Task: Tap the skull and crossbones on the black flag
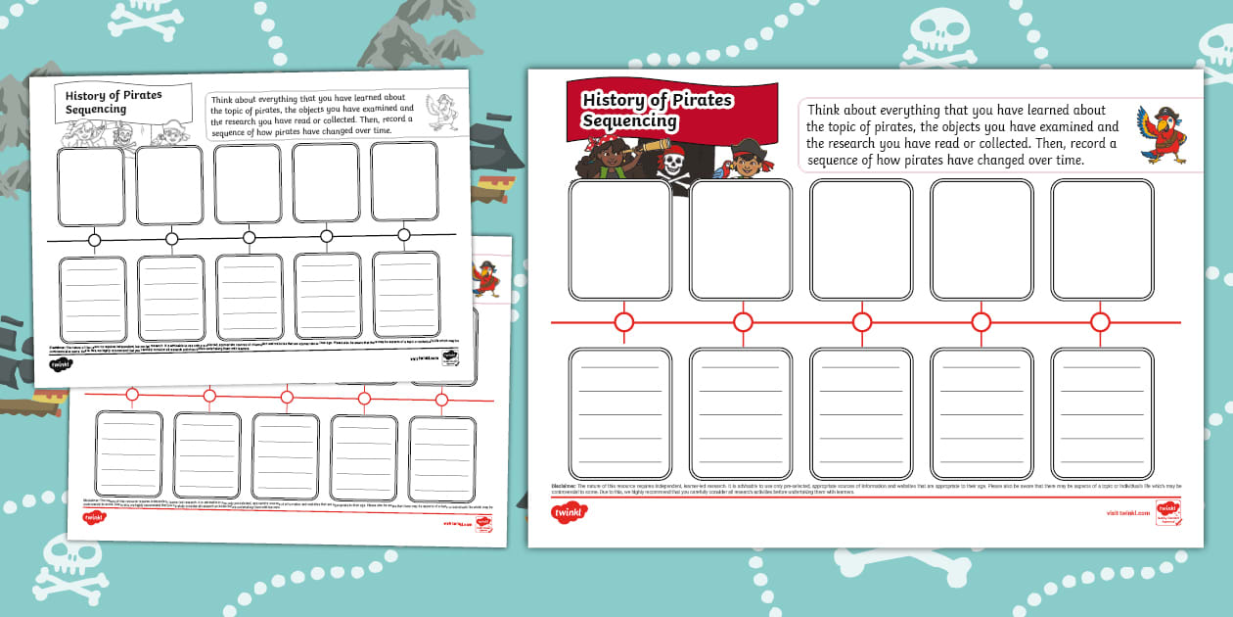[x=672, y=163]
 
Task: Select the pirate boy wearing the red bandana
[x=746, y=160]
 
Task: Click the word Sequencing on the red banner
[x=629, y=120]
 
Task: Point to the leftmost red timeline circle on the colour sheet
[x=623, y=322]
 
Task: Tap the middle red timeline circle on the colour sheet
[x=862, y=322]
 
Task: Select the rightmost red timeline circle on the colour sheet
[x=1100, y=322]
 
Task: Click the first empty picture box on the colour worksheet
[x=620, y=240]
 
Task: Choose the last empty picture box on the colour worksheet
[x=1102, y=240]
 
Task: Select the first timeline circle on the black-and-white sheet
[x=95, y=240]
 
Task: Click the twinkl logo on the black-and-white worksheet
[x=62, y=364]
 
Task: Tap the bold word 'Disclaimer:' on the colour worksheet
[x=564, y=486]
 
